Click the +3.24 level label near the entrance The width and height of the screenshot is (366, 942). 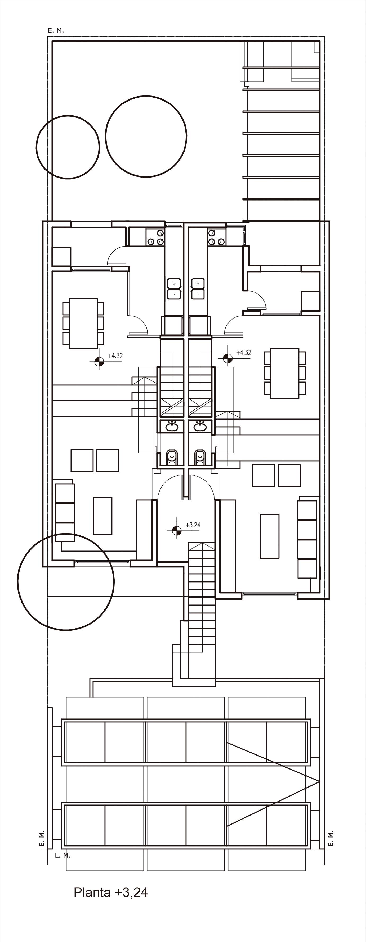tap(193, 525)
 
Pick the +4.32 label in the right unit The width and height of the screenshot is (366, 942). tap(243, 353)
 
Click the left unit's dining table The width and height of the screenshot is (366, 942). tap(83, 324)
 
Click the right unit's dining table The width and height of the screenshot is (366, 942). tap(285, 373)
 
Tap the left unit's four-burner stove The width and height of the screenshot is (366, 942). tap(155, 237)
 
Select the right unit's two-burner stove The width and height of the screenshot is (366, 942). tap(216, 237)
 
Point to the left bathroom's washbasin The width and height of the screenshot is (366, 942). tap(172, 426)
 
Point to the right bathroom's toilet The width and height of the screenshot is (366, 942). tap(200, 457)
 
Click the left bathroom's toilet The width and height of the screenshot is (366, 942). tap(172, 457)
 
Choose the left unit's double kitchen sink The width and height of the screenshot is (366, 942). tap(174, 289)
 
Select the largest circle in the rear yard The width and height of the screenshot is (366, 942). tap(146, 136)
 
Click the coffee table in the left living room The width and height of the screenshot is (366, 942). tap(102, 516)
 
